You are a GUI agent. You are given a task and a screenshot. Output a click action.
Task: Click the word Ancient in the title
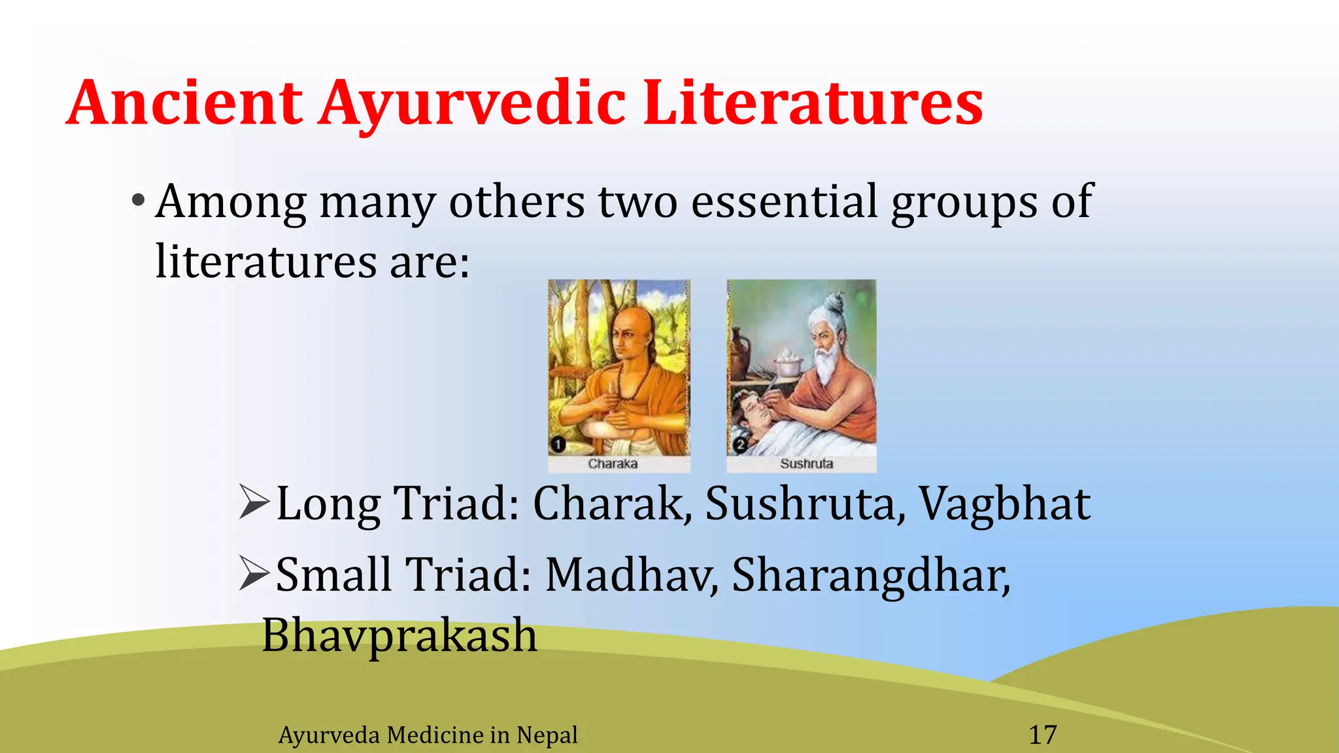(x=185, y=103)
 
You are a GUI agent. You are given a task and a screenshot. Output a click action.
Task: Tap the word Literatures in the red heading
(x=813, y=103)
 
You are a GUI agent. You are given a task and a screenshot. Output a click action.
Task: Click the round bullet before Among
(x=137, y=201)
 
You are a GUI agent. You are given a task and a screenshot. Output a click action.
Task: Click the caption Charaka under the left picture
(x=613, y=464)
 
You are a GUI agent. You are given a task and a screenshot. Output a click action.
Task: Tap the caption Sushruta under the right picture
(x=806, y=464)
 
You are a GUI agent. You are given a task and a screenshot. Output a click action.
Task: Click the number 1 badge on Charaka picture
(x=558, y=444)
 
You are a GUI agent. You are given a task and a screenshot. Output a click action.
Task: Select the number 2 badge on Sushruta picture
(x=740, y=445)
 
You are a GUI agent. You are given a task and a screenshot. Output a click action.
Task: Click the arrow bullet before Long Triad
(x=254, y=502)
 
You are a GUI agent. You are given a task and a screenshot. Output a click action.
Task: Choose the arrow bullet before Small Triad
(x=254, y=573)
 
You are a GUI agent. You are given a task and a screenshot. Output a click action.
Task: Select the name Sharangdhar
(x=870, y=575)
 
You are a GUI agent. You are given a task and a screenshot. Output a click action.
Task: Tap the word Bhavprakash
(x=399, y=635)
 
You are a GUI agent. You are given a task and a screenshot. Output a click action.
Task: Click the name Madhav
(x=631, y=575)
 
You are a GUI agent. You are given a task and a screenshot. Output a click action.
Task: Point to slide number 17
(x=1042, y=735)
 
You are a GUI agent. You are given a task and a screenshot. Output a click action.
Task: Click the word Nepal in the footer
(x=547, y=735)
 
